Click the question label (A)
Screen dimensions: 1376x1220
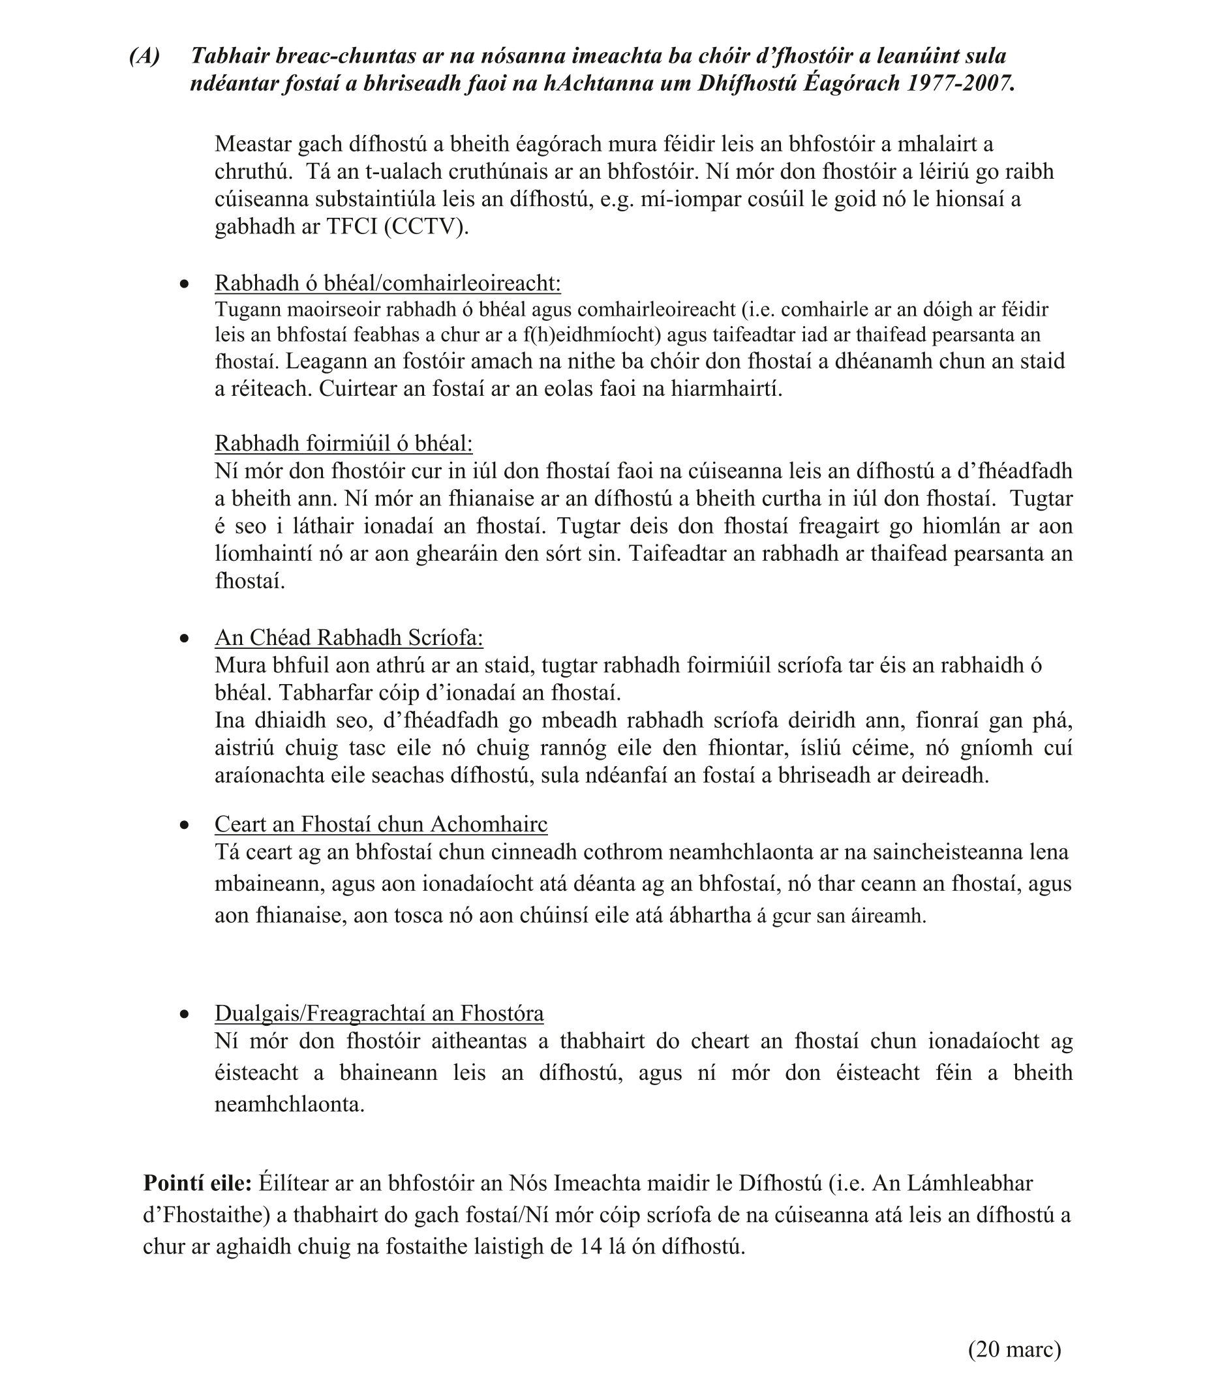145,56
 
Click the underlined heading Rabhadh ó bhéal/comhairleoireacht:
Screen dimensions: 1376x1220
387,284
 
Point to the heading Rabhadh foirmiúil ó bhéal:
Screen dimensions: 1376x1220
343,443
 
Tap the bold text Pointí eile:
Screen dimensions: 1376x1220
197,1182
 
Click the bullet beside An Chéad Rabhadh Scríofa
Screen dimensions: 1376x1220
185,638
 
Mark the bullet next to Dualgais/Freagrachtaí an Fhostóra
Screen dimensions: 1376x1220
185,1015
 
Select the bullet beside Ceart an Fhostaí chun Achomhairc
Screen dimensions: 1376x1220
185,826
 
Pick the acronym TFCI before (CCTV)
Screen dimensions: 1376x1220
353,227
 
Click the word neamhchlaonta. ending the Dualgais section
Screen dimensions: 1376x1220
290,1104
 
